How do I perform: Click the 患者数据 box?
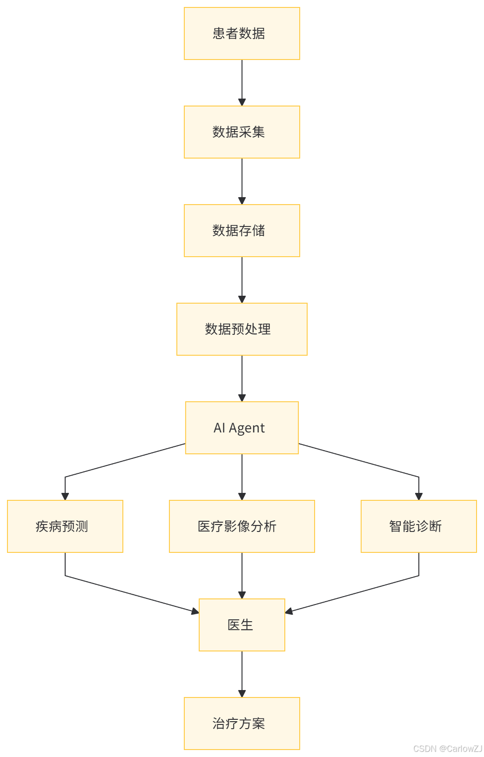point(242,33)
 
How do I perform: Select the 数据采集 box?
point(242,132)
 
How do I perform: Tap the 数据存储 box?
point(242,231)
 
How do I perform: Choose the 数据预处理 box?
point(242,329)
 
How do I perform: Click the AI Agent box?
point(242,428)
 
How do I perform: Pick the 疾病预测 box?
point(65,526)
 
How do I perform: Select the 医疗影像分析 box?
point(242,526)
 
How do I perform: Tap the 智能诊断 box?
point(419,526)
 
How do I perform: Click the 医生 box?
point(242,625)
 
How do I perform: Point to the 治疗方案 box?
point(242,724)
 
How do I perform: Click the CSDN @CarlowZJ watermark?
point(447,748)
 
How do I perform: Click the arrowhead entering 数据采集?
point(242,102)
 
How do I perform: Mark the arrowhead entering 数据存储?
point(242,201)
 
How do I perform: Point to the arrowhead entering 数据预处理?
point(242,299)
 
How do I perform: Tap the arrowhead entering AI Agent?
point(242,398)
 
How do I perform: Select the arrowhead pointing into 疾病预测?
point(65,497)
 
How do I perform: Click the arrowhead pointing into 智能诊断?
point(419,497)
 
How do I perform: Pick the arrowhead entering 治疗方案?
point(242,694)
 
